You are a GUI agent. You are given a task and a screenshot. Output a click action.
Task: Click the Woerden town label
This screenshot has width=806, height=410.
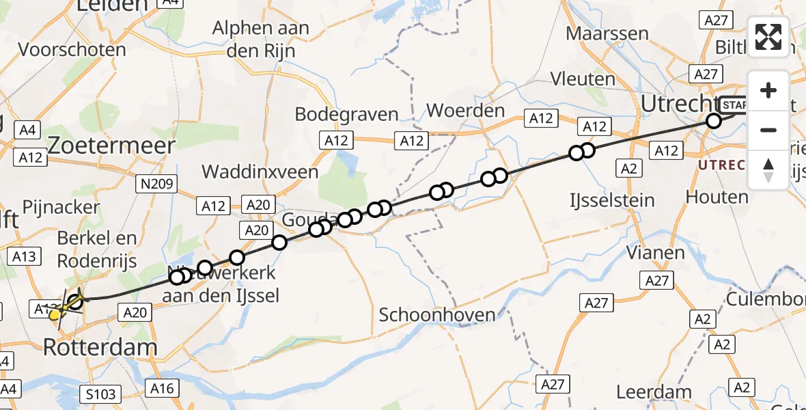pos(465,111)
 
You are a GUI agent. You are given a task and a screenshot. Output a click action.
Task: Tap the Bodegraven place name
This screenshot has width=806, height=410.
pos(346,113)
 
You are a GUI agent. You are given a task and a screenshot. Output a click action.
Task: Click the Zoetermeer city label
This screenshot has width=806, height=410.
pos(112,145)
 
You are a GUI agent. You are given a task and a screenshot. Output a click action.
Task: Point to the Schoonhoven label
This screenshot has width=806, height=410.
pos(436,315)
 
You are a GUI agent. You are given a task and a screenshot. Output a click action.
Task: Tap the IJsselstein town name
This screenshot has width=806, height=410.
pos(612,200)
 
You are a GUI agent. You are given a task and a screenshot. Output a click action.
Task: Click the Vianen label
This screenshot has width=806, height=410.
pos(656,253)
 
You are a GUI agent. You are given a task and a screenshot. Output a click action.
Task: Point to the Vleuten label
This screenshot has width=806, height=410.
pos(583,79)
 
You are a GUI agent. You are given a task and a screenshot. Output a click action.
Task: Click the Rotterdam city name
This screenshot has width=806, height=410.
pos(100,347)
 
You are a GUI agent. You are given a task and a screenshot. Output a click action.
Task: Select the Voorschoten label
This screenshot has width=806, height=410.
pos(72,50)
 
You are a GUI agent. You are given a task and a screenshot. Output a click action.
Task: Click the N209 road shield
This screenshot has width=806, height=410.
pos(156,183)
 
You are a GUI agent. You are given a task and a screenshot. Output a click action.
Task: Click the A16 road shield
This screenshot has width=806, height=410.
pos(162,389)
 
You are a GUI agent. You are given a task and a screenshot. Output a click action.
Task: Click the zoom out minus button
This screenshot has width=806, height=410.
pos(768,130)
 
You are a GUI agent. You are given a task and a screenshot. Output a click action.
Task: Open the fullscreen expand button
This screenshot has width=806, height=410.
pos(768,37)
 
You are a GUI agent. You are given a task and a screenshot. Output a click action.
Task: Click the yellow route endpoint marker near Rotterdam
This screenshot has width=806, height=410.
pos(55,314)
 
